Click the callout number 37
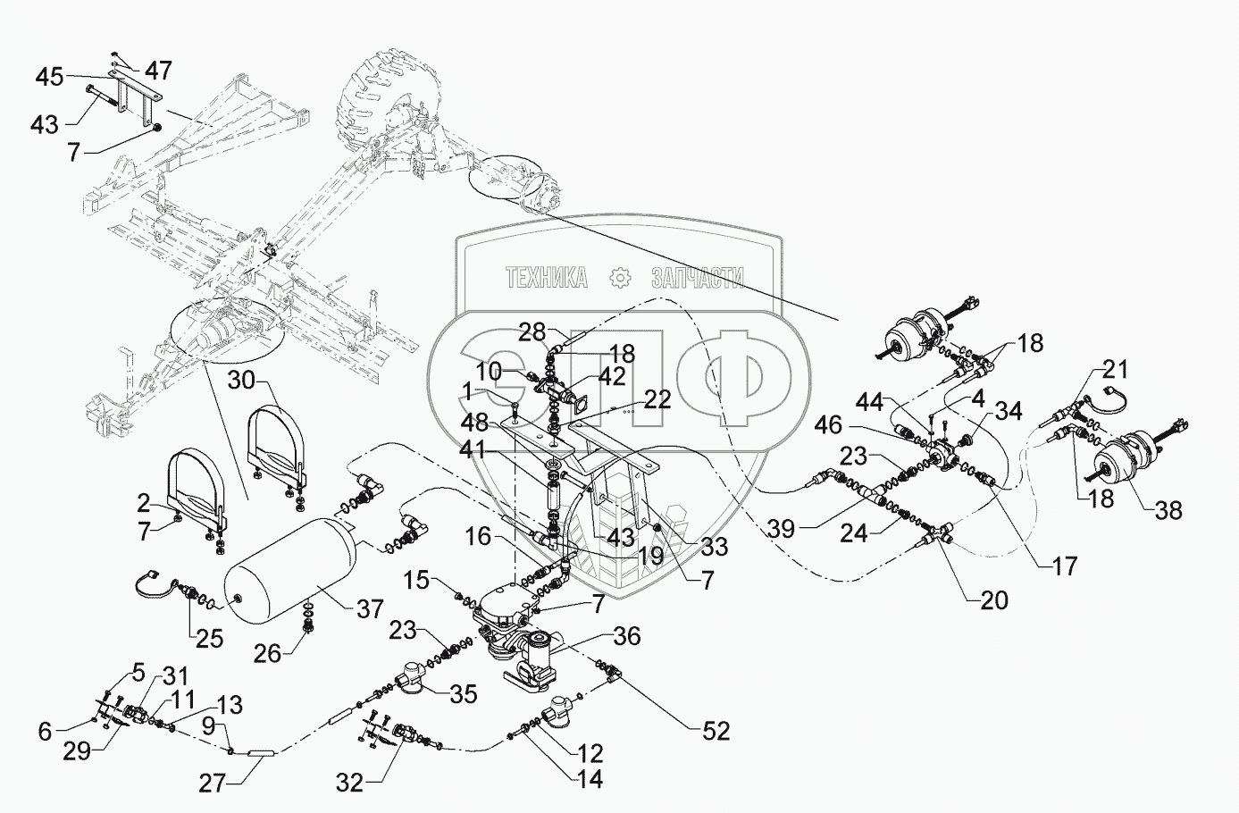pyautogui.click(x=369, y=610)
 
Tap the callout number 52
pyautogui.click(x=716, y=732)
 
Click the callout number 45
pyautogui.click(x=50, y=77)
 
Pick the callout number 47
pyautogui.click(x=159, y=71)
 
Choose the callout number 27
pyautogui.click(x=212, y=784)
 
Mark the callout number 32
pyautogui.click(x=350, y=784)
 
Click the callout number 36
pyautogui.click(x=627, y=637)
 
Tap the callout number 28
pyautogui.click(x=532, y=333)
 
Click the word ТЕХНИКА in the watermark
pyautogui.click(x=546, y=279)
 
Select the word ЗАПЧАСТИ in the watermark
pyautogui.click(x=699, y=279)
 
